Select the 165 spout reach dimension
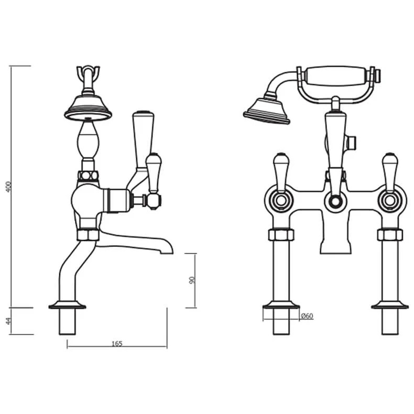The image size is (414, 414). [x=116, y=343]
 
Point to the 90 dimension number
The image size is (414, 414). [x=192, y=280]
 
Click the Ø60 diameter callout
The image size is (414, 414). [x=307, y=315]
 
